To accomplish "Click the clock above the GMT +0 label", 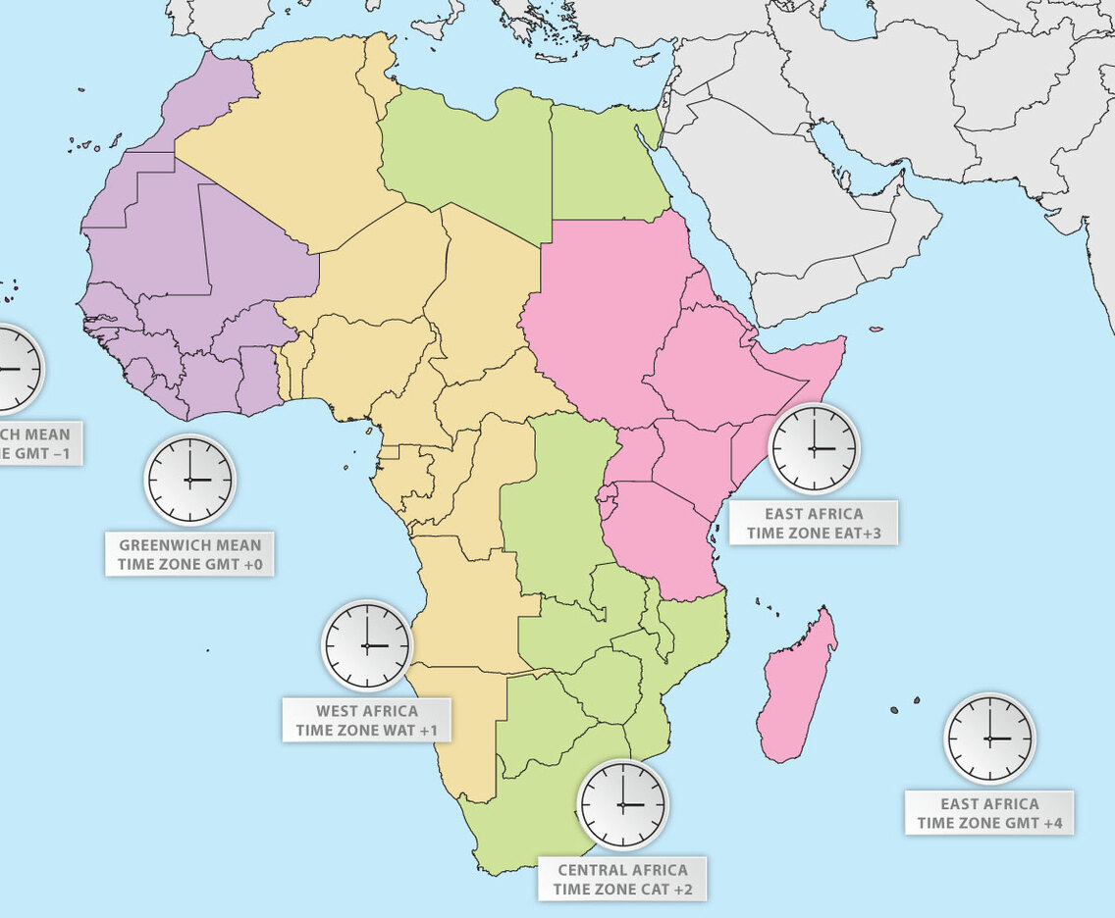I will (x=190, y=480).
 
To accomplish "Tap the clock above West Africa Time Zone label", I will (x=367, y=645).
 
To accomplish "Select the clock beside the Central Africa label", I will (x=622, y=804).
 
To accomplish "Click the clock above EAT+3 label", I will (x=814, y=447).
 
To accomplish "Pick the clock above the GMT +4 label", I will (x=989, y=738).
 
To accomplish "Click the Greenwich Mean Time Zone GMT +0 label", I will (x=189, y=554).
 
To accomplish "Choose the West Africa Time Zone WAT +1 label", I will (x=366, y=721).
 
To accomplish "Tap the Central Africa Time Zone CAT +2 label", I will (x=622, y=880).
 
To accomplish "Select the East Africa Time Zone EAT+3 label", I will (x=814, y=523).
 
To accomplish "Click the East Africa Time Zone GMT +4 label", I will (x=989, y=813).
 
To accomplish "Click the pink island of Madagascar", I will (x=797, y=687).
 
